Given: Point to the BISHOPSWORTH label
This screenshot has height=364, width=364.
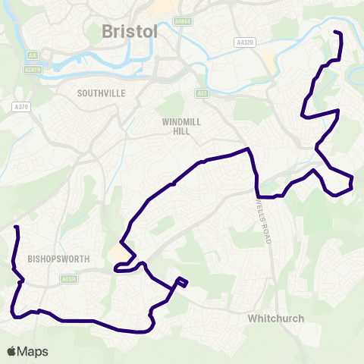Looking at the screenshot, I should [58, 259].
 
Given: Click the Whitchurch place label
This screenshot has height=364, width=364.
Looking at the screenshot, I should [276, 319].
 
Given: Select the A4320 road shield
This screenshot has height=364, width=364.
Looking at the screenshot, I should [244, 42].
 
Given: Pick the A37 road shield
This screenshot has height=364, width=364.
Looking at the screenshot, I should [201, 93].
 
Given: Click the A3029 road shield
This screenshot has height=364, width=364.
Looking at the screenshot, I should [31, 70].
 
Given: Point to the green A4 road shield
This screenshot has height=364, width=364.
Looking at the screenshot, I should [32, 55].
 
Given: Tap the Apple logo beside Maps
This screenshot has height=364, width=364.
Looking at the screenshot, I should [11, 351].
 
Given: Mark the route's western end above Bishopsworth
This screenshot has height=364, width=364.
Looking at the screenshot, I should [16, 227].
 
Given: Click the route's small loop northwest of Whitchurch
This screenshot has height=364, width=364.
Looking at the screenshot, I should [181, 283].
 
